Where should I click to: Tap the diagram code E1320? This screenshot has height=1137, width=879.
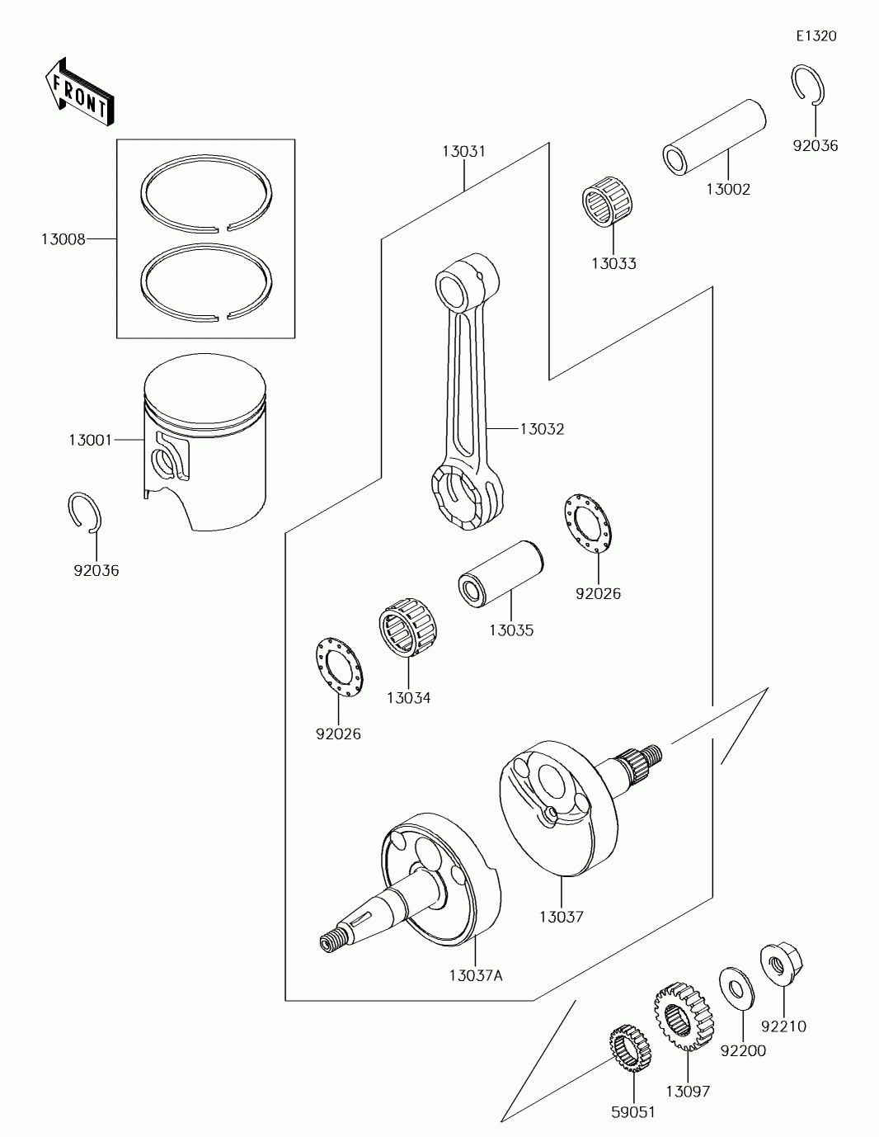(816, 36)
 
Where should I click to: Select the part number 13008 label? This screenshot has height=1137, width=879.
(63, 239)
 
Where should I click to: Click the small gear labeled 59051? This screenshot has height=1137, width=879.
(630, 1048)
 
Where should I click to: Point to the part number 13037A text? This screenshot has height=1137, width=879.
(476, 975)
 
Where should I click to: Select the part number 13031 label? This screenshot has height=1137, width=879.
(463, 152)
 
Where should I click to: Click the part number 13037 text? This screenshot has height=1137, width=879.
(562, 917)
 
